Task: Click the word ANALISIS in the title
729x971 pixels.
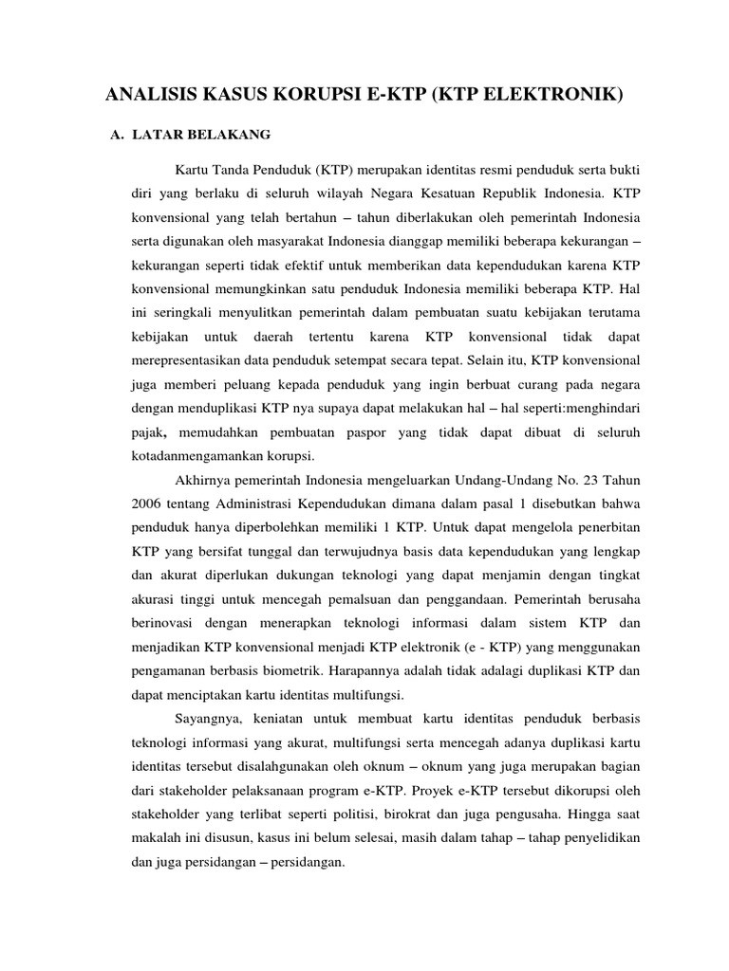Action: pos(152,95)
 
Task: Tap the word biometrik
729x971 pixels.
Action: pos(289,670)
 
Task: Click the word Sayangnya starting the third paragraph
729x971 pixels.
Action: pos(206,719)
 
